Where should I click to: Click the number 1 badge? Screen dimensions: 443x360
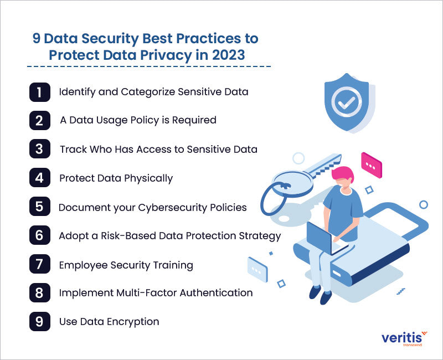click(39, 92)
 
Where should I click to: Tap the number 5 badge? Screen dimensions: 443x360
click(39, 207)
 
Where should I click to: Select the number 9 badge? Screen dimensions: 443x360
click(39, 321)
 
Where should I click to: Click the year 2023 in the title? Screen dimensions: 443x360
click(228, 55)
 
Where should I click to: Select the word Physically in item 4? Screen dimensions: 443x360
click(148, 178)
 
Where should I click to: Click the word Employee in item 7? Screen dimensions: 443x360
click(83, 266)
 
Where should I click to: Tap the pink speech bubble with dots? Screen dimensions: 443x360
click(372, 165)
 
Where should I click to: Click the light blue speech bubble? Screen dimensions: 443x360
click(257, 270)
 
